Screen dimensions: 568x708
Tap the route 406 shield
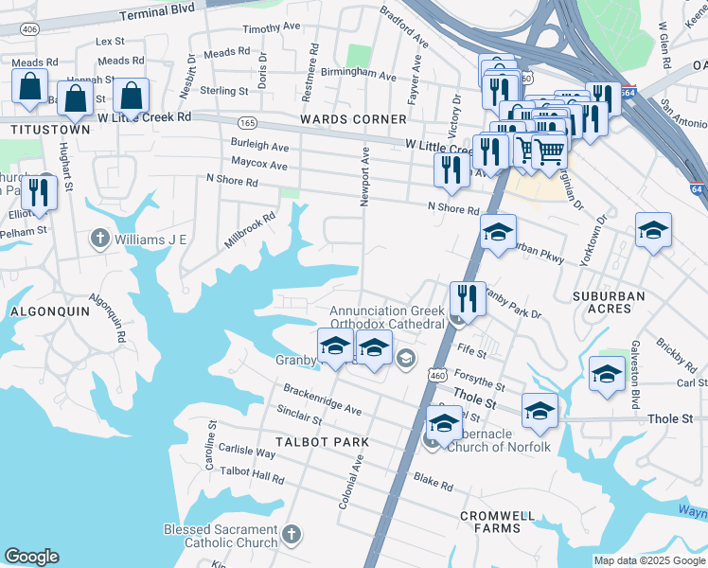click(30, 30)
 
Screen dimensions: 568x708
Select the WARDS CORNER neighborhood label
click(353, 119)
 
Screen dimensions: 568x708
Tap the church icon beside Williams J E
click(99, 239)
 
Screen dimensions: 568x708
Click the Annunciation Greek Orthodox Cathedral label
click(387, 317)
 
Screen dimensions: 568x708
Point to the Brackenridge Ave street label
click(323, 400)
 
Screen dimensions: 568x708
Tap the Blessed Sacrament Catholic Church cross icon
click(292, 536)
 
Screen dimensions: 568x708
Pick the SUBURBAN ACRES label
click(609, 302)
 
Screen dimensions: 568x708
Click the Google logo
click(31, 557)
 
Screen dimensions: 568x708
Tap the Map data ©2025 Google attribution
click(648, 560)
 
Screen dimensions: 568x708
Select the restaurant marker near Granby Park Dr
click(467, 298)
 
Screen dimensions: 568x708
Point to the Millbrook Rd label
click(250, 230)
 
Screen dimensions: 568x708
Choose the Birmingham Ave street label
click(359, 74)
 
